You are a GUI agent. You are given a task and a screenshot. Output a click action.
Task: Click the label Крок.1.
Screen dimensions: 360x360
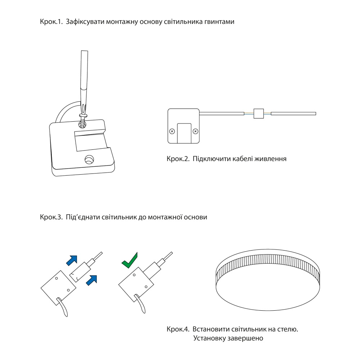51,22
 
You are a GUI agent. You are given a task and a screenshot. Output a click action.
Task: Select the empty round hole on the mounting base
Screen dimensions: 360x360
89,159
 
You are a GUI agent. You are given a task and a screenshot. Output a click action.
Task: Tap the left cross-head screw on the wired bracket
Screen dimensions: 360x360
172,131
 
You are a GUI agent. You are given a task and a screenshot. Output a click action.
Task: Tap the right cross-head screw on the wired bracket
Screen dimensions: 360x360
195,131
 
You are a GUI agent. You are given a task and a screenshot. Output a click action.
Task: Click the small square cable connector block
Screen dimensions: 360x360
258,113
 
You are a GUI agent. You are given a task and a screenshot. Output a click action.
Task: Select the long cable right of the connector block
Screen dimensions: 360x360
293,113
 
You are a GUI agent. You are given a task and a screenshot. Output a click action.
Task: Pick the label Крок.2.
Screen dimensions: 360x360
178,159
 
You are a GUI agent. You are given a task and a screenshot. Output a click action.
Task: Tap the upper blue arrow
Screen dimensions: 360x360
72,261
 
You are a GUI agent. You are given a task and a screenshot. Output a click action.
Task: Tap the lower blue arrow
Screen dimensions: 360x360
91,280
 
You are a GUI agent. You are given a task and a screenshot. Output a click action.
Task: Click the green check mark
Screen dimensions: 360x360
130,260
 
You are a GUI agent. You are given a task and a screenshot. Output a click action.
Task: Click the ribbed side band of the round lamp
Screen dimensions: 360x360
268,271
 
